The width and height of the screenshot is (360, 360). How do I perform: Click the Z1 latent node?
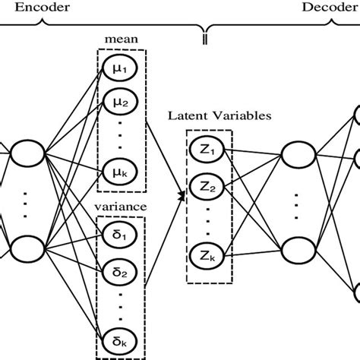pos(209,150)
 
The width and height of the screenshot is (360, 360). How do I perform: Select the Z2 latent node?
pos(209,185)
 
